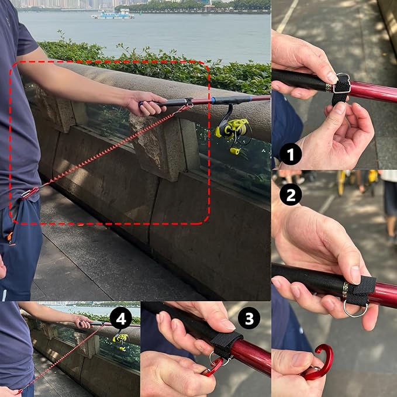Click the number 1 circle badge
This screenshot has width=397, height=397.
290,154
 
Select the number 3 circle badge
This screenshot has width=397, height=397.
249,319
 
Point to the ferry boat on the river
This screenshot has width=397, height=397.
112,13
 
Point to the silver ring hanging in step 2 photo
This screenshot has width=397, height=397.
355,308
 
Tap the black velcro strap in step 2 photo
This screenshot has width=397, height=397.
361,288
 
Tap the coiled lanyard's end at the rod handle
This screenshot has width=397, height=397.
188,106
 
